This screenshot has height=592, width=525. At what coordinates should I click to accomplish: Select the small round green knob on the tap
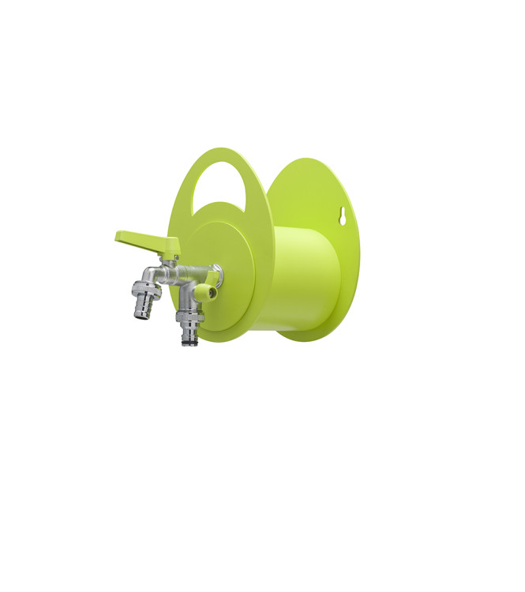click(207, 292)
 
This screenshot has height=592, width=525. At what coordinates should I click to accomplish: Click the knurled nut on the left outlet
click(148, 289)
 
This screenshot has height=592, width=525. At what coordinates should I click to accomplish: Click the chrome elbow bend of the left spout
click(151, 275)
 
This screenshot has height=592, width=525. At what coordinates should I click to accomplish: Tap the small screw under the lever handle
click(175, 257)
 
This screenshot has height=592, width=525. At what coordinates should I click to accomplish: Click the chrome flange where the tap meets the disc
click(216, 275)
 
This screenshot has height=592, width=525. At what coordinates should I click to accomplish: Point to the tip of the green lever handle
click(119, 235)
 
